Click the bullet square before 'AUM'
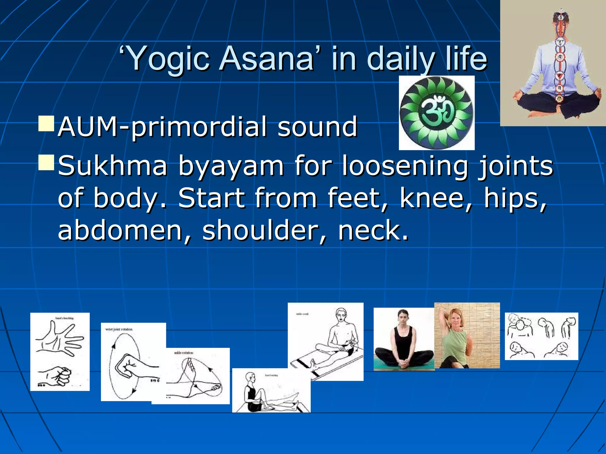point(46,124)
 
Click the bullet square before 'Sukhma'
point(46,163)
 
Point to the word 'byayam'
point(231,166)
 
